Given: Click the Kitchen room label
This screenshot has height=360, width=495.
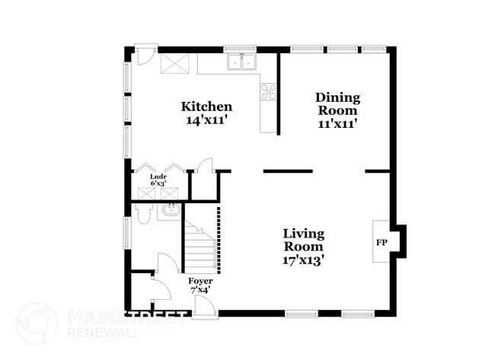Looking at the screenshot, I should click(206, 106).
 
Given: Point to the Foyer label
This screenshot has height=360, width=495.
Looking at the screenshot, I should click(200, 281).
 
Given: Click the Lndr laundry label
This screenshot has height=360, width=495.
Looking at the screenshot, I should click(158, 176).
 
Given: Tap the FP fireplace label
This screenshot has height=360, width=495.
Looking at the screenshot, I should click(381, 243).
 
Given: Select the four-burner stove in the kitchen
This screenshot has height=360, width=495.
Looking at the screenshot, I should click(268, 92).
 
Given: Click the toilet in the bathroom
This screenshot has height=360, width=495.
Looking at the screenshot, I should click(144, 213).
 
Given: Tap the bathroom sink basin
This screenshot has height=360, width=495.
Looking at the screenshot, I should click(169, 209).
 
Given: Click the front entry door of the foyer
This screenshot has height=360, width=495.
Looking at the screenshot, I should click(205, 306).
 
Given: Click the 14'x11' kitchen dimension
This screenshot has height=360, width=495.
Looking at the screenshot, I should click(206, 119).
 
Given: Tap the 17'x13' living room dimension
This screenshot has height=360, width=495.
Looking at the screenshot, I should click(304, 260).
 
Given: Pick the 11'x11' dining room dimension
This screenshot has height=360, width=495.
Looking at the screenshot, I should click(337, 123).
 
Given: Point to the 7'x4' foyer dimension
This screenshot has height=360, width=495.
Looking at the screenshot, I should click(200, 290).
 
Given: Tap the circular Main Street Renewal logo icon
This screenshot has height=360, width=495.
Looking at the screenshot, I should click(37, 323).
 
